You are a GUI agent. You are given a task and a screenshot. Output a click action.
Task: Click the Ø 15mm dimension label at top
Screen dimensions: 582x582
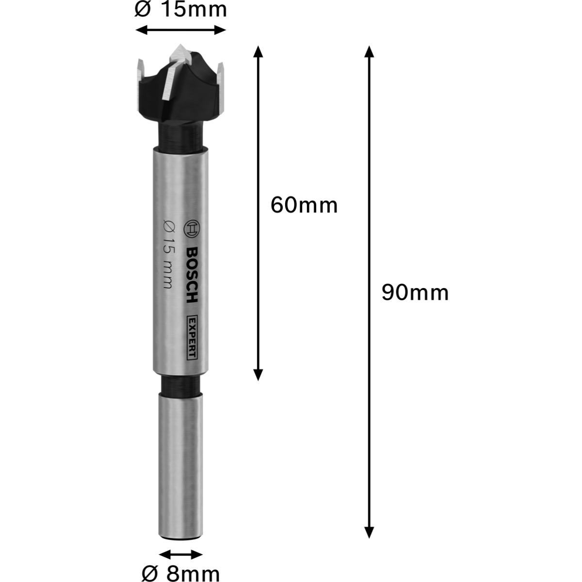click(180, 10)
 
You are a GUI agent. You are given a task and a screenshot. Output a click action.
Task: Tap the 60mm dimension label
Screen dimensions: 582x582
click(304, 205)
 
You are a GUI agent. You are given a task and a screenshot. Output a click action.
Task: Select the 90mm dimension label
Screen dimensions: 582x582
click(415, 292)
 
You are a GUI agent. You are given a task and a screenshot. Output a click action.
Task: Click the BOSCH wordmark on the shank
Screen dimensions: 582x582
click(191, 275)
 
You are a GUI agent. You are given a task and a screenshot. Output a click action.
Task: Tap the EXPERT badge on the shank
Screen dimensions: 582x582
click(191, 338)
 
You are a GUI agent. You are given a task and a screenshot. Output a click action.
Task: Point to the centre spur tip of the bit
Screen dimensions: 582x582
click(180, 45)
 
